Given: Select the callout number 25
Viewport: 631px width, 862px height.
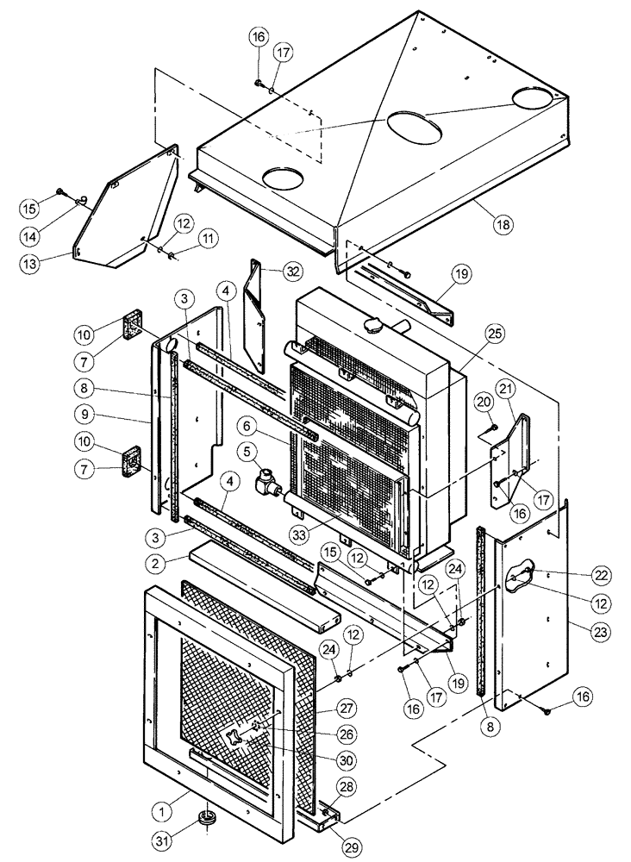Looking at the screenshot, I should tap(492, 332).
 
